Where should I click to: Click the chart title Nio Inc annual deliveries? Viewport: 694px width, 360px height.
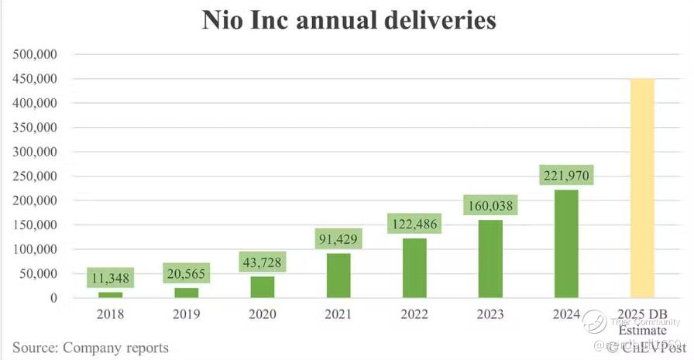pyautogui.click(x=349, y=21)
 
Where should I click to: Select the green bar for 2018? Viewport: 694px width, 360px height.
pyautogui.click(x=110, y=294)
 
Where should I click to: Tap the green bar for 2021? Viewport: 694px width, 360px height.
pyautogui.click(x=338, y=276)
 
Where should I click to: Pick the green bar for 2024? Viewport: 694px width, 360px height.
pyautogui.click(x=566, y=244)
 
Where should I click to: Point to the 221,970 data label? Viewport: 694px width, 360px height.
pyautogui.click(x=567, y=176)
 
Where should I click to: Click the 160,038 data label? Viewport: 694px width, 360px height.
pyautogui.click(x=490, y=206)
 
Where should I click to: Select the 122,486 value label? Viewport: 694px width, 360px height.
pyautogui.click(x=415, y=225)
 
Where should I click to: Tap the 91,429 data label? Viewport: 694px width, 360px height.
pyautogui.click(x=338, y=239)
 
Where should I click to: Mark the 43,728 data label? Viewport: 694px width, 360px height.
pyautogui.click(x=263, y=262)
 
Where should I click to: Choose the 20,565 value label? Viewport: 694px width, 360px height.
pyautogui.click(x=187, y=274)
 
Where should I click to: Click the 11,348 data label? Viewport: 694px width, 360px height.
pyautogui.click(x=111, y=278)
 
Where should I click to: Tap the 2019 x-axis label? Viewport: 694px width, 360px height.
pyautogui.click(x=187, y=314)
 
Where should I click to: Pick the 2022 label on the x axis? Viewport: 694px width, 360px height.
pyautogui.click(x=415, y=314)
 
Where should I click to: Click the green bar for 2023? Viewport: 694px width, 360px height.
pyautogui.click(x=490, y=259)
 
